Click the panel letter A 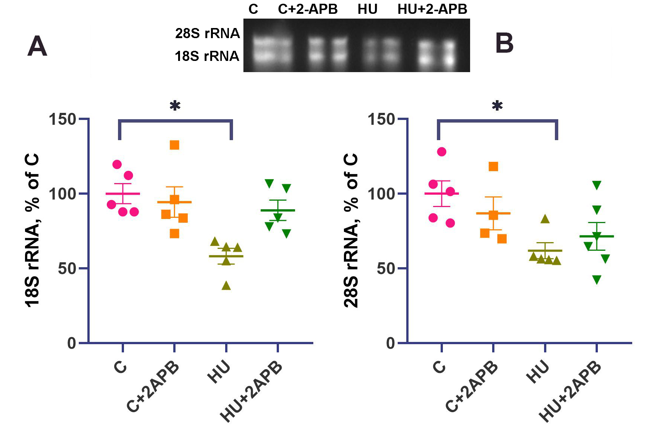click(x=37, y=47)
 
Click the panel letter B click(x=504, y=43)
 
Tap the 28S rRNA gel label click(x=207, y=34)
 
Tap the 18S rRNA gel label click(x=207, y=56)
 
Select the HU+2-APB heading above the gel click(x=432, y=9)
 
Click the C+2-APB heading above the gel click(x=308, y=9)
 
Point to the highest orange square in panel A click(x=174, y=145)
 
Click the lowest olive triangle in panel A click(x=226, y=286)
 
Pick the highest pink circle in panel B click(x=442, y=152)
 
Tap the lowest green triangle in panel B click(x=597, y=280)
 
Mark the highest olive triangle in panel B click(x=545, y=219)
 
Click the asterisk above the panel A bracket click(x=175, y=106)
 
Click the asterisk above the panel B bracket click(x=497, y=106)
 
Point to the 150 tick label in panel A click(x=62, y=120)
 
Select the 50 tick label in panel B click(x=386, y=269)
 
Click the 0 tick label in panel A click(x=72, y=343)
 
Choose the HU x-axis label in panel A click(x=220, y=372)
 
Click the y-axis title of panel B click(x=351, y=231)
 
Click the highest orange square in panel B click(x=493, y=167)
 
